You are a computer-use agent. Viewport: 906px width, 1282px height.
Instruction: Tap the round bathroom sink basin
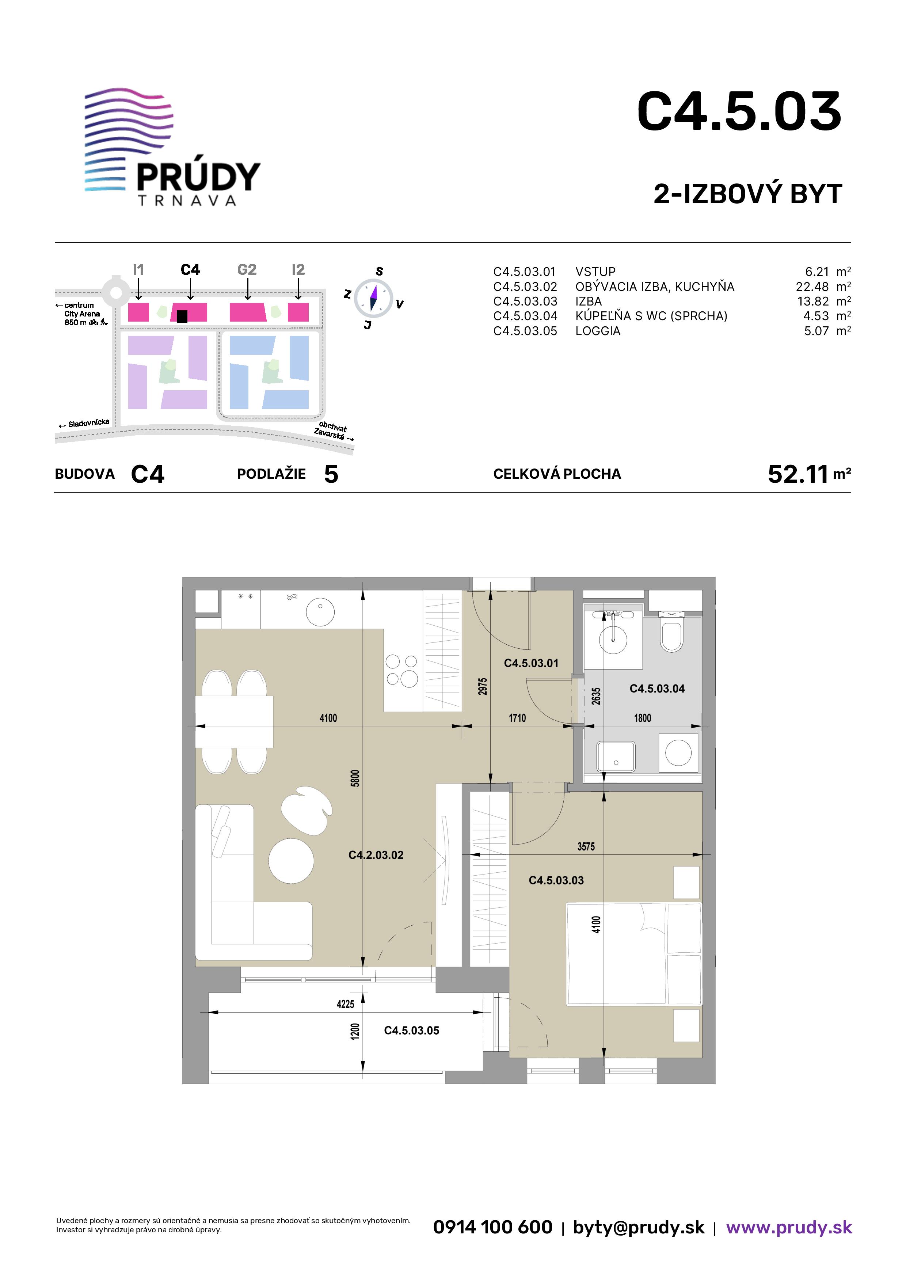pyautogui.click(x=613, y=638)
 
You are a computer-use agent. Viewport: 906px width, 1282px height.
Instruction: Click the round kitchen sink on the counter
pyautogui.click(x=320, y=612)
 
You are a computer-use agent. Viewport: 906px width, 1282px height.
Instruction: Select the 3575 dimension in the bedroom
pyautogui.click(x=586, y=846)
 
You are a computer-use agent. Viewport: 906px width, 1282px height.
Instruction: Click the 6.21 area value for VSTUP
pyautogui.click(x=817, y=272)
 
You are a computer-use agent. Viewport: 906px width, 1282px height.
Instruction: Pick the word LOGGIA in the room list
pyautogui.click(x=598, y=331)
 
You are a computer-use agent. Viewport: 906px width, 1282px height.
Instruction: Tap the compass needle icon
pyautogui.click(x=373, y=297)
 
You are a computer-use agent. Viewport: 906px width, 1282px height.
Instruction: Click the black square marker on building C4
pyautogui.click(x=182, y=316)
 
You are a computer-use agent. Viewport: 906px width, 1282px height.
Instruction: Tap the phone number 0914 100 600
pyautogui.click(x=493, y=1227)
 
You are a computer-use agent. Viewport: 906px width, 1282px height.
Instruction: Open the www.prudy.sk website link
pyautogui.click(x=789, y=1227)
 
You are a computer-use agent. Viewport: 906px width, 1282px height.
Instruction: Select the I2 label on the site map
pyautogui.click(x=298, y=270)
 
